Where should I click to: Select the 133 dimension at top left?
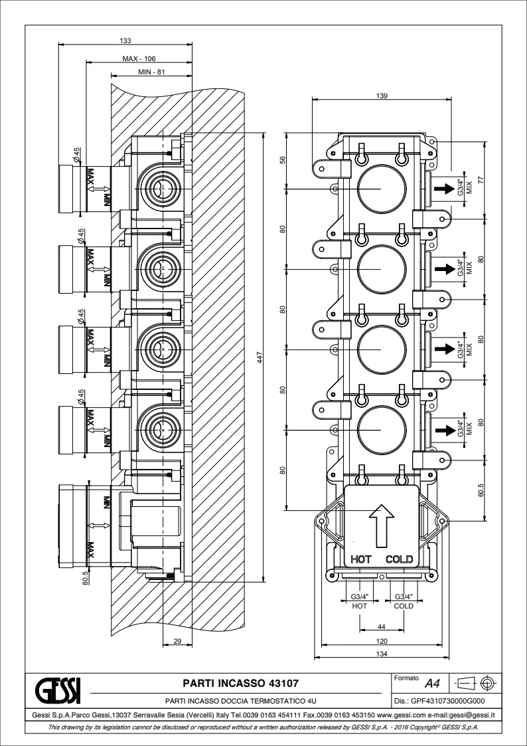click(x=125, y=41)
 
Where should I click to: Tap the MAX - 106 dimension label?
click(x=139, y=58)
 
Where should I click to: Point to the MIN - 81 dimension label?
click(x=152, y=72)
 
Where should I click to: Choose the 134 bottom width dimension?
click(x=382, y=654)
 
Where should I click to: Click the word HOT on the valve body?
click(x=361, y=559)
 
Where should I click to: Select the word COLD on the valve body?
click(x=400, y=559)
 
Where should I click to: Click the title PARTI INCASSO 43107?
click(x=240, y=682)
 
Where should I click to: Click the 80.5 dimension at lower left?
click(x=86, y=576)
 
